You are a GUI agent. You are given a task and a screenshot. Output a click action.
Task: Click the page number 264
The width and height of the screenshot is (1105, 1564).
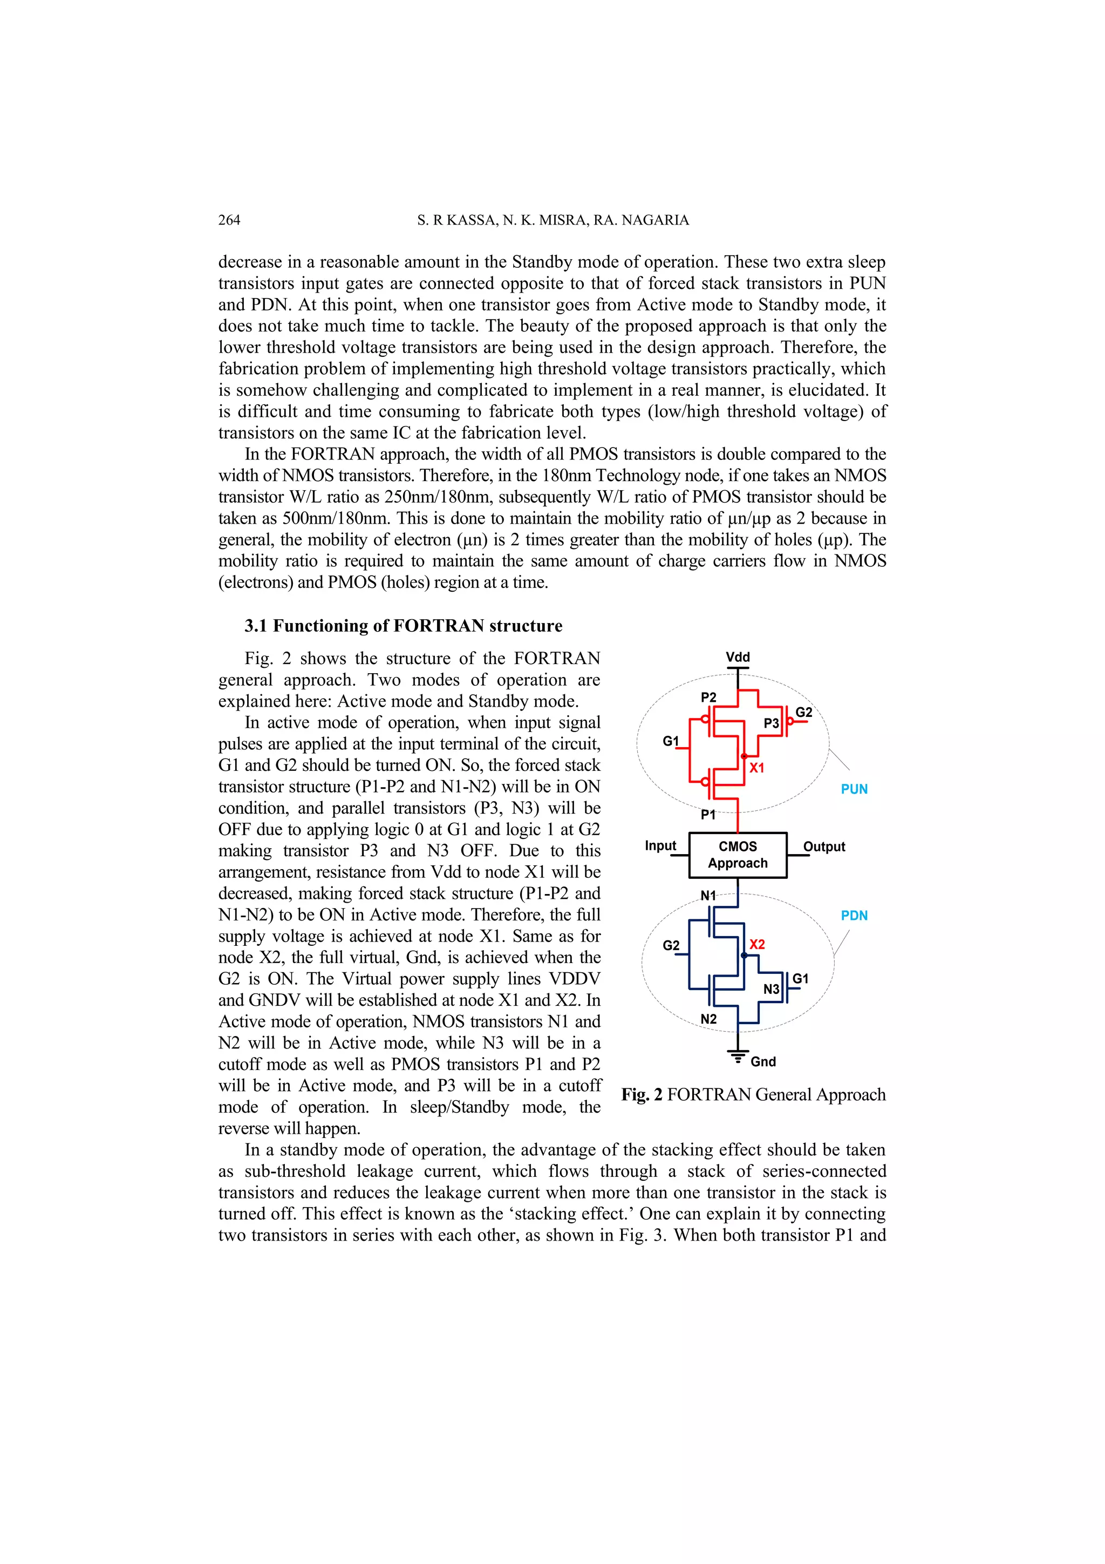coord(229,220)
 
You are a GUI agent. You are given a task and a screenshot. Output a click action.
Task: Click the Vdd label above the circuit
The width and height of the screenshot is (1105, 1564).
coord(738,658)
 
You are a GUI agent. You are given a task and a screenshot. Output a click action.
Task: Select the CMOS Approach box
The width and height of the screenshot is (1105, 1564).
coord(738,855)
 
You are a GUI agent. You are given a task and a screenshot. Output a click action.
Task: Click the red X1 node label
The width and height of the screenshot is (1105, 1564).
coord(756,768)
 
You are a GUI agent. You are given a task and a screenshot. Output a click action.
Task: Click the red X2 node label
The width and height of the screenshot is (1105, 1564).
coord(756,944)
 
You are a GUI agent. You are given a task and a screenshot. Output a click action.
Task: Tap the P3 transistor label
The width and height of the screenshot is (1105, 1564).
coord(770,723)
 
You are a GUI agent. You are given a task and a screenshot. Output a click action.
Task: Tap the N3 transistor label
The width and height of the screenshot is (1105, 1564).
coord(770,989)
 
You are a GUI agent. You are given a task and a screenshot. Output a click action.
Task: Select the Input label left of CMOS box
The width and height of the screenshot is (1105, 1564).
coord(660,846)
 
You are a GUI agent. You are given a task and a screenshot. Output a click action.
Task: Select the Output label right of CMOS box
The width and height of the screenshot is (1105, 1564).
coord(824,847)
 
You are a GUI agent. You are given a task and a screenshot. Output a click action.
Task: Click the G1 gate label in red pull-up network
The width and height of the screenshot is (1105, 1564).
coord(671,741)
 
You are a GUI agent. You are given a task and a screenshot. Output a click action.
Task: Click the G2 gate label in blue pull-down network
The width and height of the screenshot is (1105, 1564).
coord(671,945)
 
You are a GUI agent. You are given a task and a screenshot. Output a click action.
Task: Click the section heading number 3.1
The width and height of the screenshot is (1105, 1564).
coord(256,626)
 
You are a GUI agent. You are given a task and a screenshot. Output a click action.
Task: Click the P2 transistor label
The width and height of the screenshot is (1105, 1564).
coord(708,698)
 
